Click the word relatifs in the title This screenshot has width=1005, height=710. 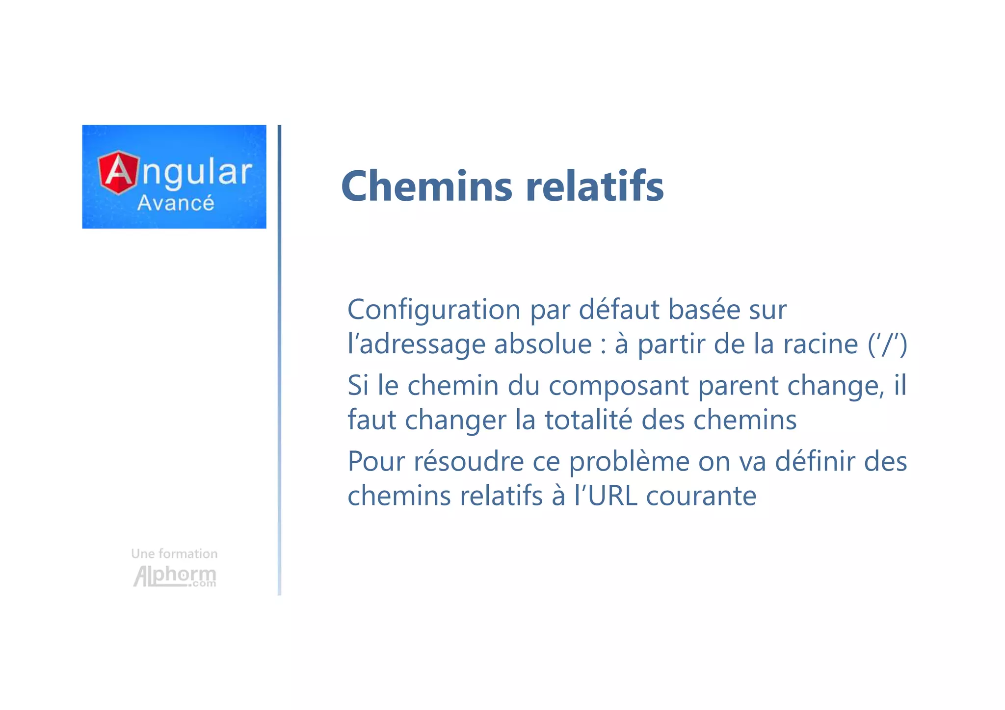pyautogui.click(x=594, y=186)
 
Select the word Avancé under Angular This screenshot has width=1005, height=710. pyautogui.click(x=176, y=203)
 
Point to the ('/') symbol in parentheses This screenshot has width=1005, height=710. pyautogui.click(x=887, y=344)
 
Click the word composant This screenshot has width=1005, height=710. pyautogui.click(x=618, y=386)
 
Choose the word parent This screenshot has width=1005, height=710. pyautogui.click(x=738, y=386)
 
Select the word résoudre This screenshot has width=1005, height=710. pyautogui.click(x=469, y=462)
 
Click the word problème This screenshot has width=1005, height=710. pyautogui.click(x=629, y=462)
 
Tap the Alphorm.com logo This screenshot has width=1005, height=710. pyautogui.click(x=175, y=576)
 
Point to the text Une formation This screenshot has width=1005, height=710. pyautogui.click(x=174, y=554)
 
